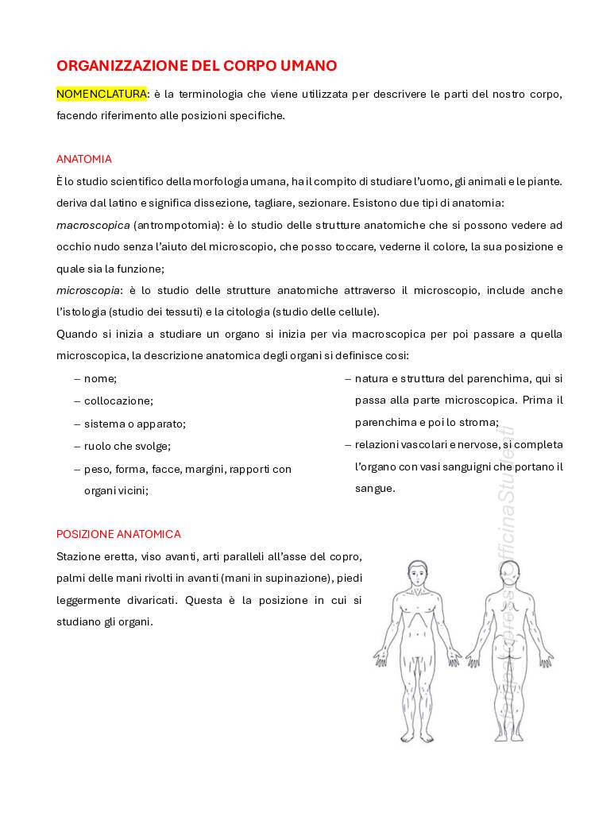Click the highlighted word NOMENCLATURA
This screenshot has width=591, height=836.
[x=101, y=94]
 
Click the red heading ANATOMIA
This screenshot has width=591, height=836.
[x=83, y=159]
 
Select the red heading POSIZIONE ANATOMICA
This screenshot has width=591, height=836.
[x=118, y=534]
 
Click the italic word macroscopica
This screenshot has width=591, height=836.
[x=93, y=225]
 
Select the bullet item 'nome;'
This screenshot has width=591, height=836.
[x=100, y=378]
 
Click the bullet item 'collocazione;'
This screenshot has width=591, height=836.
[x=118, y=401]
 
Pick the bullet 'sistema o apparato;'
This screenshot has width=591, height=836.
[x=134, y=424]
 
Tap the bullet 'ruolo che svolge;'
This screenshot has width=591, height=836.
[x=127, y=446]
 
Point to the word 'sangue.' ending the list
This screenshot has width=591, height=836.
[x=375, y=489]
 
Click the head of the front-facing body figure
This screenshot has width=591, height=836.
[x=416, y=573]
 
